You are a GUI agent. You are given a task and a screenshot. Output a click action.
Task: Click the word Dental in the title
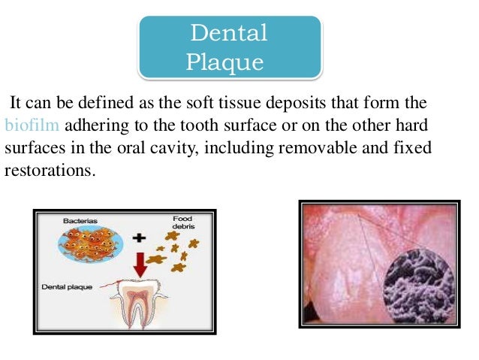228,33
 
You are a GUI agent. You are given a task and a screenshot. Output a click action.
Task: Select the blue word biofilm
28,124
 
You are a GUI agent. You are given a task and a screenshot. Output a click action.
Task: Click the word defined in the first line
119,102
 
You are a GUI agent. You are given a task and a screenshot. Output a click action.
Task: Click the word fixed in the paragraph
414,147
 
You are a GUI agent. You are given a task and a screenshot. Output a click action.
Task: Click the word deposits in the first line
312,102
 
